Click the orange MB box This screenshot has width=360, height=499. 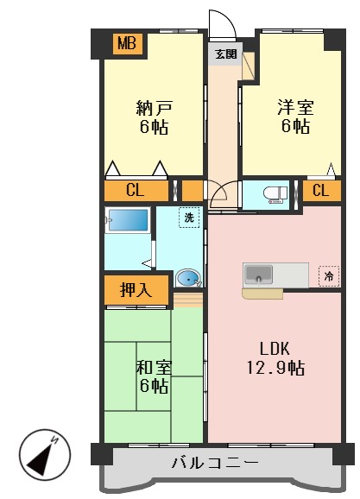[x=127, y=43]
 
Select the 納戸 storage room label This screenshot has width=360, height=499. [x=154, y=109]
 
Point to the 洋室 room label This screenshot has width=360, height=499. [x=295, y=109]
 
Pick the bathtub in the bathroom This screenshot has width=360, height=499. [x=128, y=219]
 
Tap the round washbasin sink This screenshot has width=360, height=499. [x=187, y=278]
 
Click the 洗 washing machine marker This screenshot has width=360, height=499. [x=188, y=218]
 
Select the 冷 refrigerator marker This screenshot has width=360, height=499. [x=328, y=276]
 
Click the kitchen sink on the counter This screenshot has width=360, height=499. [x=259, y=275]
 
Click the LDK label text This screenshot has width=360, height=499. [x=275, y=349]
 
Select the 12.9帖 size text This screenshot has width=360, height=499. [x=275, y=368]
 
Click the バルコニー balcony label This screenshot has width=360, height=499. [x=215, y=464]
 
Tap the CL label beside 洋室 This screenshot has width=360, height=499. [x=320, y=191]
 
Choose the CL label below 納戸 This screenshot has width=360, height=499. [x=136, y=191]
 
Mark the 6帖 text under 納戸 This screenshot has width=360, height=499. [x=154, y=128]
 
